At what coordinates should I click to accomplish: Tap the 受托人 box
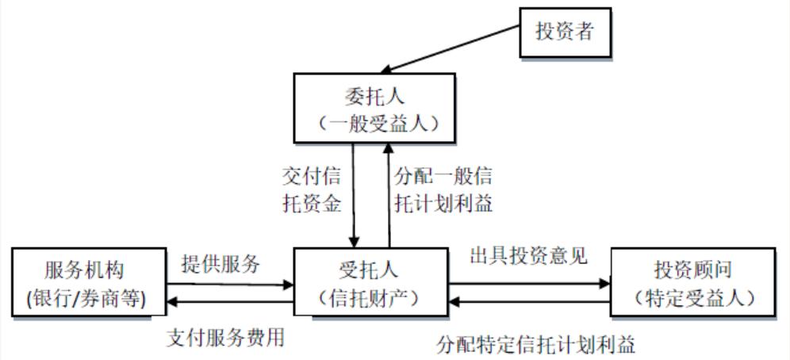tap(370, 284)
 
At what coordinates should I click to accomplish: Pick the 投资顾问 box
tap(693, 284)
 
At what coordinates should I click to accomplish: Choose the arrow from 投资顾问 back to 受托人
tap(529, 302)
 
